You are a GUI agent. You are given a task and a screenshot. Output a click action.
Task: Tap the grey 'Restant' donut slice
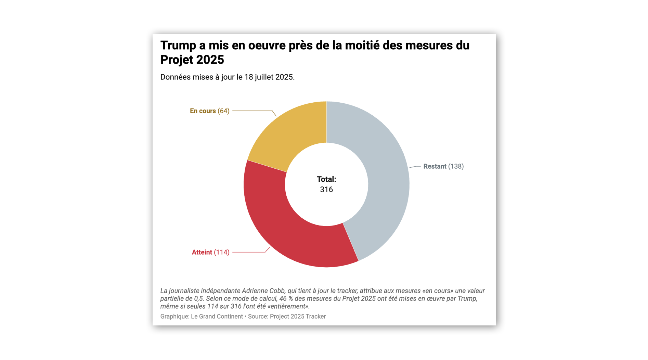click(x=383, y=178)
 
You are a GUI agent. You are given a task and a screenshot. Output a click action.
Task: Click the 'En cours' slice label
click(x=203, y=111)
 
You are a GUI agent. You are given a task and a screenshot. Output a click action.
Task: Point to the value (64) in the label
click(x=223, y=111)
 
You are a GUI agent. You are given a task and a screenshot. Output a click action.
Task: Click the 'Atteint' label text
click(x=202, y=252)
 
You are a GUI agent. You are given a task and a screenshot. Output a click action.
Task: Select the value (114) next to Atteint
click(x=222, y=252)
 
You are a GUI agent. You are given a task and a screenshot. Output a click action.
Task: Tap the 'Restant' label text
click(x=435, y=166)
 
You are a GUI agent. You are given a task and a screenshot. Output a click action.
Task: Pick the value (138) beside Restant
click(x=456, y=166)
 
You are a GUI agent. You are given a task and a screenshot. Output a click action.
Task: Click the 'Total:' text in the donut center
click(x=326, y=179)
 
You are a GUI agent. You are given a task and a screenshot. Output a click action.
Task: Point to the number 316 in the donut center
click(x=326, y=190)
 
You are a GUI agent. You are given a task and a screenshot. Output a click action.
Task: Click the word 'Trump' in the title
click(x=178, y=46)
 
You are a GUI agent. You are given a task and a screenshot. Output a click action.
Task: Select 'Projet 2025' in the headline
click(x=192, y=60)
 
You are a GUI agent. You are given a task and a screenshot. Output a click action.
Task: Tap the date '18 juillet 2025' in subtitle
click(x=269, y=77)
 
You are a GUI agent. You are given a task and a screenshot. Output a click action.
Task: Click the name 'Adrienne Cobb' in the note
click(x=263, y=291)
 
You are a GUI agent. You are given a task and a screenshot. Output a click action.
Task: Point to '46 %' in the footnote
click(x=286, y=298)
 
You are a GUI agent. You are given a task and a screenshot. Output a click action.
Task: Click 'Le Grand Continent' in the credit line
click(x=217, y=317)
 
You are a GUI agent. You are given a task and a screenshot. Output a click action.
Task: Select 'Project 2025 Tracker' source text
click(x=298, y=317)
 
